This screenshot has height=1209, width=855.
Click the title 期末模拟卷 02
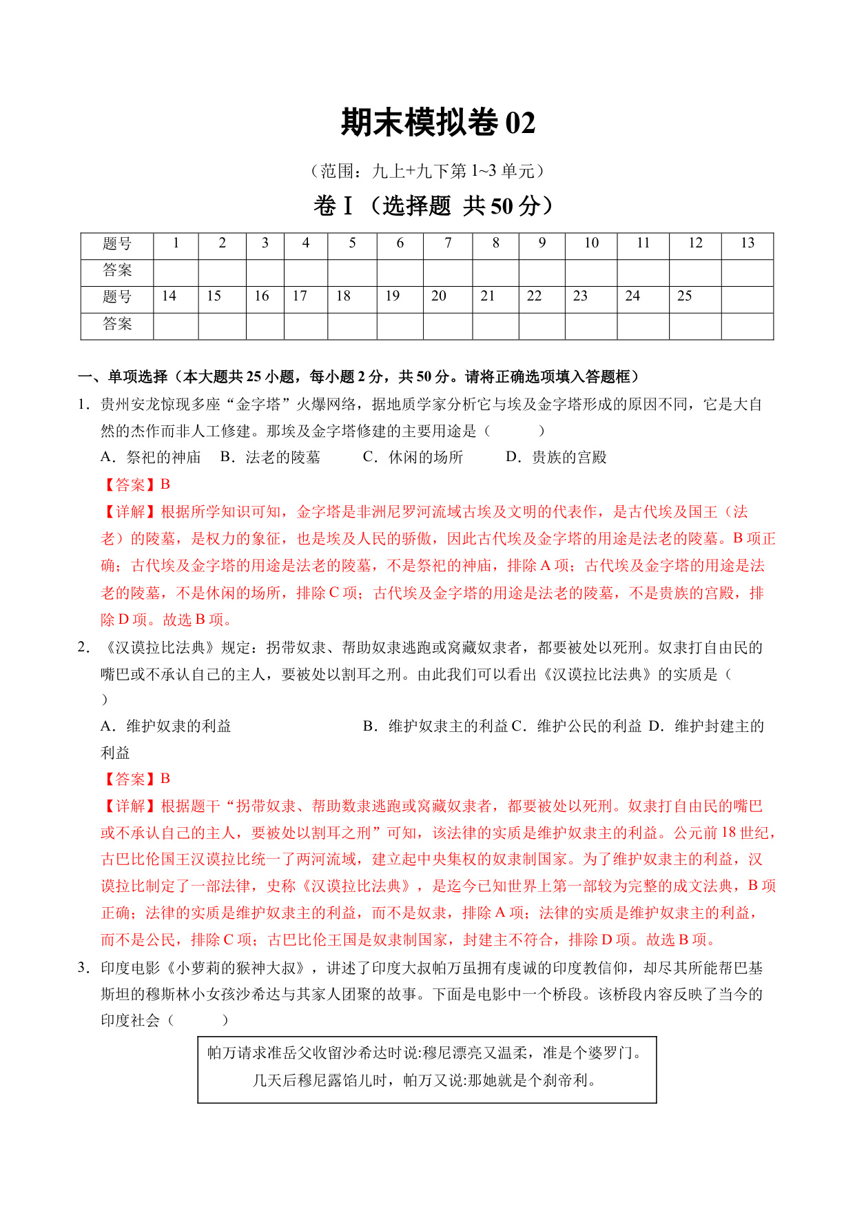[x=437, y=123]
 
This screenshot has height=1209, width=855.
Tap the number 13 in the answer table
[x=747, y=243]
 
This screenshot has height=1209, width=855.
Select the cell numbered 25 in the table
[x=684, y=296]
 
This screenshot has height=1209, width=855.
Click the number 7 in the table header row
[x=448, y=243]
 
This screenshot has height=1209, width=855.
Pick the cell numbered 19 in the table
[x=392, y=296]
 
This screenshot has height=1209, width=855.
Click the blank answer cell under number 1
[x=176, y=271]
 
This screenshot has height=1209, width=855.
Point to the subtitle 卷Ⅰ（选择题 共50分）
[x=434, y=205]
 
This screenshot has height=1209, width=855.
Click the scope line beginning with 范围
[x=428, y=170]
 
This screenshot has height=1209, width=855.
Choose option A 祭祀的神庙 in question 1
[x=151, y=458]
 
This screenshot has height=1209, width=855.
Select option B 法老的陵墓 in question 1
[x=270, y=458]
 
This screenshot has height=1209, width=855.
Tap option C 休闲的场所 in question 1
[x=413, y=458]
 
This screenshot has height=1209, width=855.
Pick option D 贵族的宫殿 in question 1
[x=556, y=458]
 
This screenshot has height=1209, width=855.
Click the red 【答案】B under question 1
[x=136, y=485]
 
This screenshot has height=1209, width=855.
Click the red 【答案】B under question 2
[x=136, y=779]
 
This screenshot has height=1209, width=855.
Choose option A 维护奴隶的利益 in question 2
[x=166, y=726]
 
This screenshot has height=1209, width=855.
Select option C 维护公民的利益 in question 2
[x=577, y=726]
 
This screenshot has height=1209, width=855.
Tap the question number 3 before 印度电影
[x=83, y=968]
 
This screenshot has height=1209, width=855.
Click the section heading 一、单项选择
[x=123, y=376]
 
